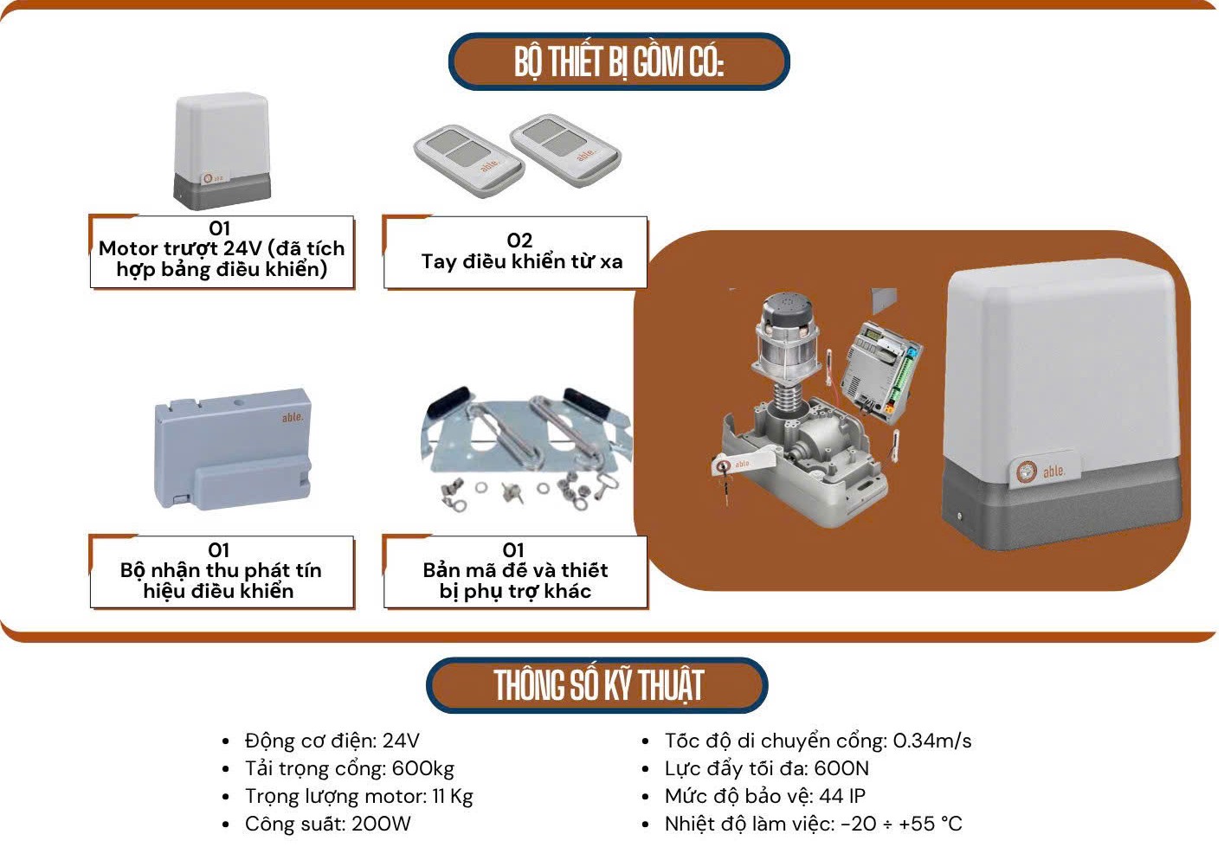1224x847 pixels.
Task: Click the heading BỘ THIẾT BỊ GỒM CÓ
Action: (x=618, y=62)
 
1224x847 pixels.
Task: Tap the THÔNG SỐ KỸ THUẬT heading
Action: (x=598, y=685)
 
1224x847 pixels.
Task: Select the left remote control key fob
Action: (x=469, y=155)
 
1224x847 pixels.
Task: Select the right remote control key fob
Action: (x=565, y=144)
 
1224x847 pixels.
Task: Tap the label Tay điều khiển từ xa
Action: (x=521, y=260)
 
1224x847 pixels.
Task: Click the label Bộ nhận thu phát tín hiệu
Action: (x=221, y=571)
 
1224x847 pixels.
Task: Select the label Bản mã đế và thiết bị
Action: (x=515, y=571)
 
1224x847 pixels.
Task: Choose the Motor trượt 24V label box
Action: (x=222, y=251)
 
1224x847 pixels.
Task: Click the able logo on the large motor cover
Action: (x=1040, y=471)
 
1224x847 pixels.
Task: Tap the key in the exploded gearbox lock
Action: (x=724, y=472)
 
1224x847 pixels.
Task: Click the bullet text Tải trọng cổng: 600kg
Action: (x=349, y=768)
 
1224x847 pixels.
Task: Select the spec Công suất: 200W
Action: (x=327, y=824)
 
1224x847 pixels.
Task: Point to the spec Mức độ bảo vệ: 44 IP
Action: (x=764, y=796)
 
